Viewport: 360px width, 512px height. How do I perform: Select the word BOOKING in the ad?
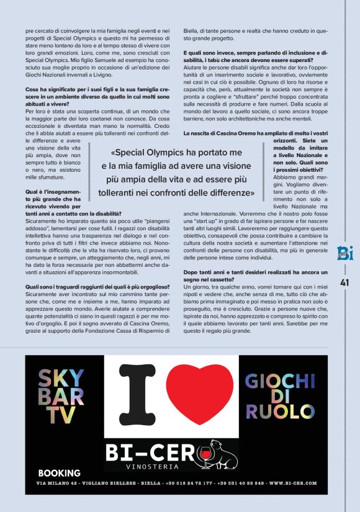59,472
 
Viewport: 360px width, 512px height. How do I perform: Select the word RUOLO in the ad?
279,411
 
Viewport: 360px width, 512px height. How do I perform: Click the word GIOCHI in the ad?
280,381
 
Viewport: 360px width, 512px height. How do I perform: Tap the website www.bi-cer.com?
292,483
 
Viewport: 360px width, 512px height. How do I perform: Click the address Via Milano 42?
61,483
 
